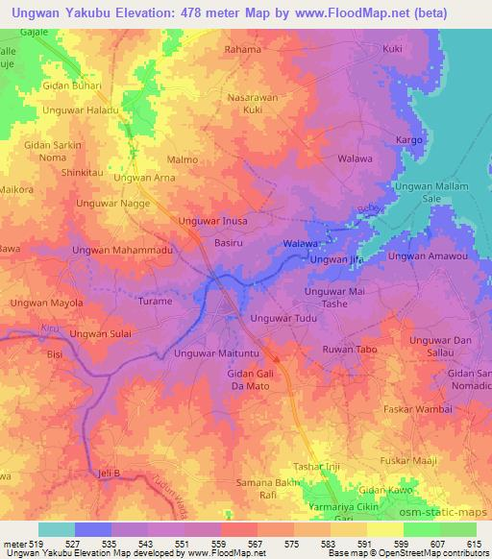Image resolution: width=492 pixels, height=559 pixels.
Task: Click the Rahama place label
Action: pos(242,49)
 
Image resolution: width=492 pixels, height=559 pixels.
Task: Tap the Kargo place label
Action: pos(410,140)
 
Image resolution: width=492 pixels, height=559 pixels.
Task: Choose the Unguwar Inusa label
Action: pos(213,222)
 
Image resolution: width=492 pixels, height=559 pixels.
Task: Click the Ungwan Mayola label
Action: pos(47,304)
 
